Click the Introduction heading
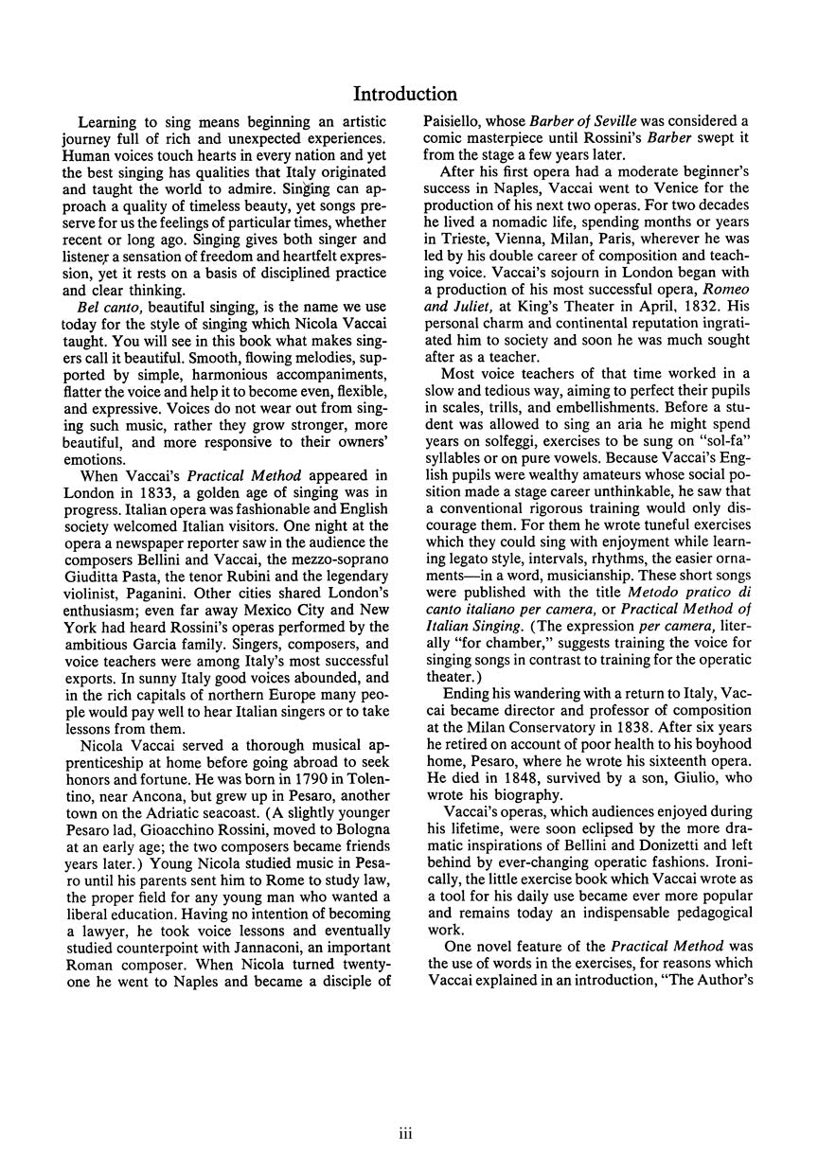pyautogui.click(x=404, y=93)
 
